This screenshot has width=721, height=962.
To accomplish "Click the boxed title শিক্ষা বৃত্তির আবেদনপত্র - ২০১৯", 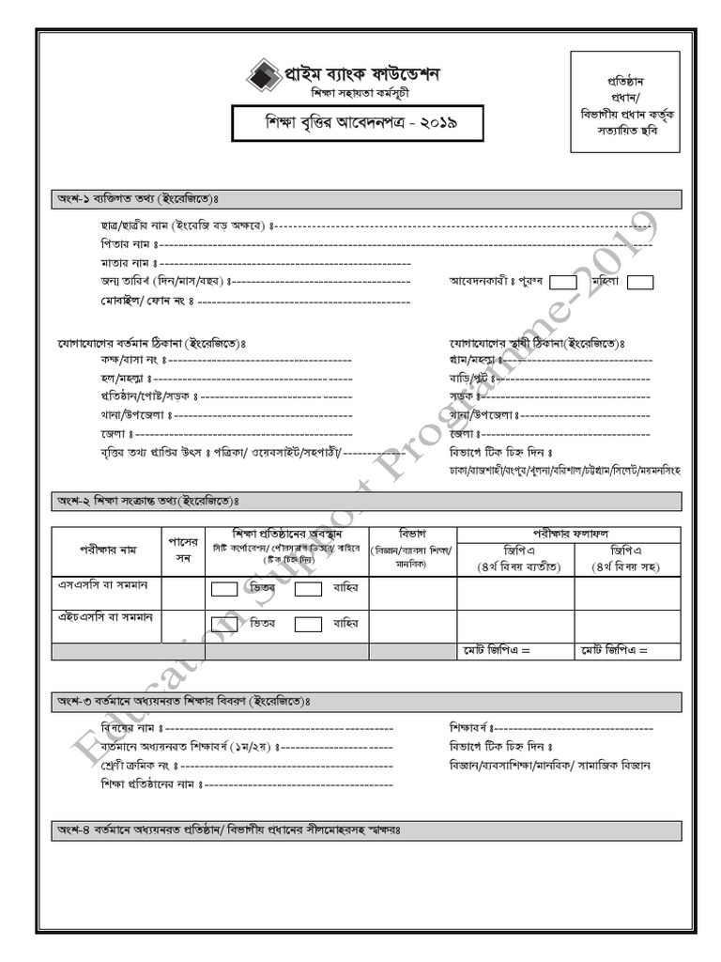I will click(x=345, y=123).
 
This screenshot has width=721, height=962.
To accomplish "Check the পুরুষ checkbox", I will click(x=563, y=282).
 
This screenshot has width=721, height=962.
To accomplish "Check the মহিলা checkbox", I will click(x=640, y=282).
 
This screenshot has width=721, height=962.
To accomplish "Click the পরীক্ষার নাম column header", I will click(x=106, y=551).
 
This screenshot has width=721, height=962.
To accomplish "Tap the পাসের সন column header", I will click(x=183, y=551).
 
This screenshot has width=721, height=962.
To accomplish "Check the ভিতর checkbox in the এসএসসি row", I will click(x=224, y=589).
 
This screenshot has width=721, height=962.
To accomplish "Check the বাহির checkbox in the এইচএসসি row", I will click(x=309, y=624).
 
